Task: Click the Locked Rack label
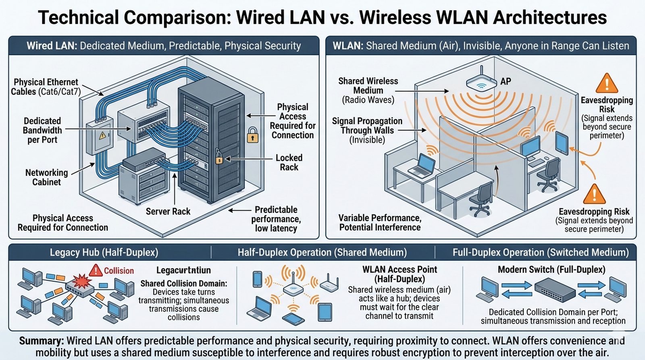289,162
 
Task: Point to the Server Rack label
168,212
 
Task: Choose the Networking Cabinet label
46,177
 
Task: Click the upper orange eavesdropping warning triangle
606,83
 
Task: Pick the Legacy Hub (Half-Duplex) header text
104,253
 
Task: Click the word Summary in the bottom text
42,341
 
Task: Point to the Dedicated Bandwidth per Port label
42,130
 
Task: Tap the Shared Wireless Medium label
368,90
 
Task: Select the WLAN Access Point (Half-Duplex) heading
399,274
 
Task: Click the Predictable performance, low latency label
276,219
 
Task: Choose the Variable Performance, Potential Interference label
380,223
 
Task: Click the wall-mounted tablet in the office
562,142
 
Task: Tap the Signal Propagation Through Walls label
367,130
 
